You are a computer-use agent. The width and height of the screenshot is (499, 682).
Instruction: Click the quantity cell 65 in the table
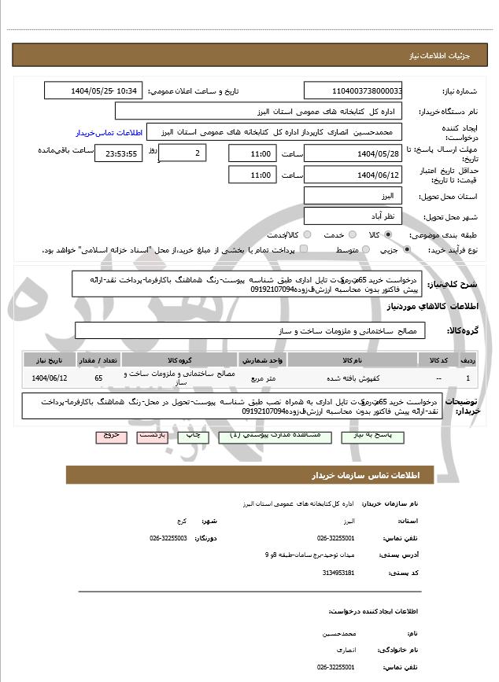(x=98, y=378)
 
